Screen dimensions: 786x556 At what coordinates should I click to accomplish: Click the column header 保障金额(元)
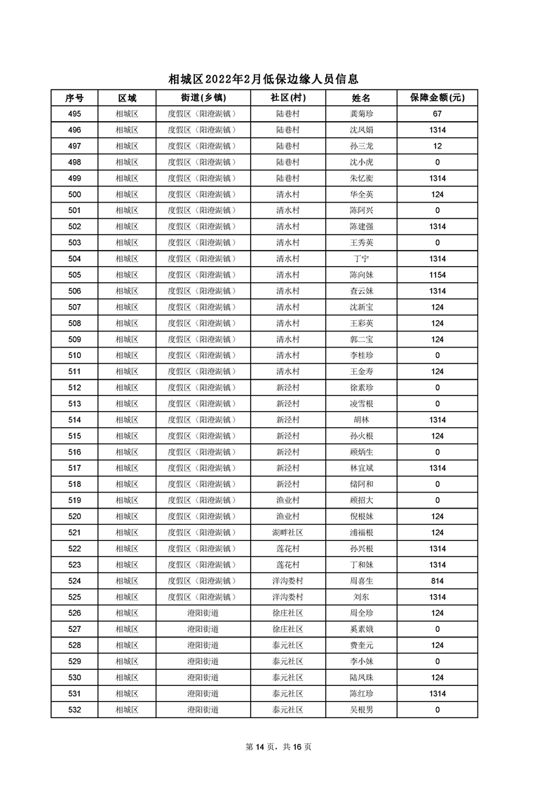click(x=437, y=97)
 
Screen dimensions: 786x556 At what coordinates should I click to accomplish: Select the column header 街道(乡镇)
click(x=203, y=97)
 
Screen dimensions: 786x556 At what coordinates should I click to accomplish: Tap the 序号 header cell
click(x=74, y=97)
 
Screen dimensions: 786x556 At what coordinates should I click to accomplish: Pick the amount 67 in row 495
click(x=437, y=113)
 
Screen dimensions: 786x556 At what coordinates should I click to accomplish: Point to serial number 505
click(x=74, y=275)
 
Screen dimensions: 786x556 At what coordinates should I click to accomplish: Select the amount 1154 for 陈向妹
click(x=437, y=275)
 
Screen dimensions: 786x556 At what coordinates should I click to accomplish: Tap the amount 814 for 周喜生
click(x=437, y=581)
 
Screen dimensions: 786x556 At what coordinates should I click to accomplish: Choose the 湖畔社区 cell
click(x=287, y=532)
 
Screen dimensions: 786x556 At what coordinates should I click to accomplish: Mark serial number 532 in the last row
click(x=74, y=710)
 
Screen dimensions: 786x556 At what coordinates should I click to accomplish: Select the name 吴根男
click(x=361, y=710)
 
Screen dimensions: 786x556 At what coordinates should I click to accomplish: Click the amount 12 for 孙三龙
click(x=437, y=146)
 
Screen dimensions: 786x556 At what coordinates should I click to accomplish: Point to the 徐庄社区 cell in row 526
click(x=287, y=613)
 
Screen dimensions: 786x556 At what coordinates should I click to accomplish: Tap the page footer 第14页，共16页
click(x=278, y=747)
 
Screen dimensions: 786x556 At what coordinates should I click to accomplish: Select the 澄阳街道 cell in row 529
click(x=203, y=661)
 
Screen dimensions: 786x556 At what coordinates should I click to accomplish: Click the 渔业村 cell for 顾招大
click(x=287, y=500)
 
